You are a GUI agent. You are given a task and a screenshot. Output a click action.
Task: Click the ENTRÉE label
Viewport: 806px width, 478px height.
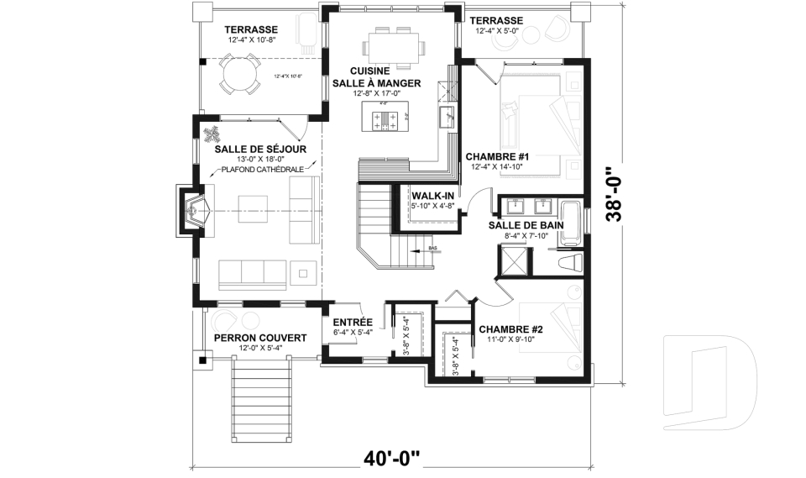353,322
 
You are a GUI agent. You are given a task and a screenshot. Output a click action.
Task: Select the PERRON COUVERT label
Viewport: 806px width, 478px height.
259,338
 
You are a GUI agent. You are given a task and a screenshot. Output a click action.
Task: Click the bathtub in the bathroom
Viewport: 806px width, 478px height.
571,223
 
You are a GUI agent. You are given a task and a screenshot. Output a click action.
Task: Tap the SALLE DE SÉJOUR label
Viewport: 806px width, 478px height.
259,149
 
